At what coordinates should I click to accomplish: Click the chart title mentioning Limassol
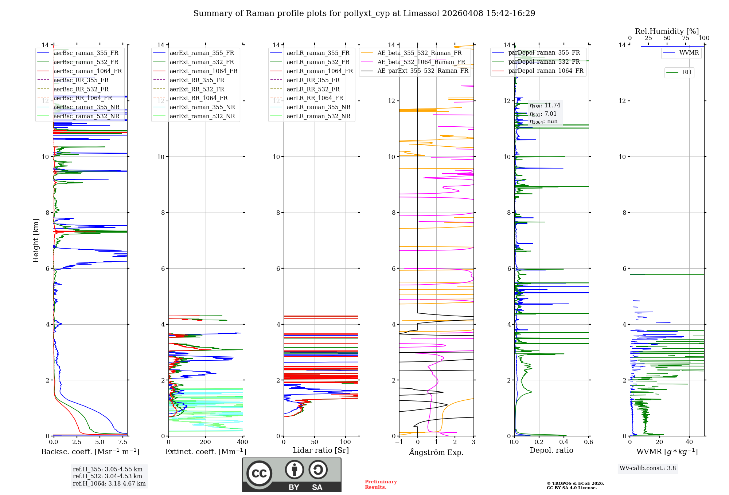pyautogui.click(x=364, y=13)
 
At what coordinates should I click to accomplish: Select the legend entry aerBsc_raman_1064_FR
pyautogui.click(x=87, y=71)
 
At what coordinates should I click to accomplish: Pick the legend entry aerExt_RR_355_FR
pyautogui.click(x=197, y=80)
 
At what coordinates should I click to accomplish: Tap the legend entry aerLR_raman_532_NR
pyautogui.click(x=318, y=116)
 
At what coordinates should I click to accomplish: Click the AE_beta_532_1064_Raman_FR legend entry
pyautogui.click(x=421, y=62)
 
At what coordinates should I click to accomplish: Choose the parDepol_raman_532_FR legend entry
pyautogui.click(x=544, y=62)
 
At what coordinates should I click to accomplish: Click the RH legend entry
pyautogui.click(x=687, y=72)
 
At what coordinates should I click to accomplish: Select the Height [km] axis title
pyautogui.click(x=36, y=240)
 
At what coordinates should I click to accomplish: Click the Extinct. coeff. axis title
pyautogui.click(x=206, y=452)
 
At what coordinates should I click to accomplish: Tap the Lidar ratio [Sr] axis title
pyautogui.click(x=321, y=451)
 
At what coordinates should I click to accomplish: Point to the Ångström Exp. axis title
pyautogui.click(x=436, y=452)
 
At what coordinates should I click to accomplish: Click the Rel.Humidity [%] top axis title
pyautogui.click(x=667, y=31)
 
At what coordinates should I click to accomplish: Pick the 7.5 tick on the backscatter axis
pyautogui.click(x=123, y=442)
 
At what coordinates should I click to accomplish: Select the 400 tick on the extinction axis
pyautogui.click(x=242, y=442)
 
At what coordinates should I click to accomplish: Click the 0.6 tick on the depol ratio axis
pyautogui.click(x=588, y=442)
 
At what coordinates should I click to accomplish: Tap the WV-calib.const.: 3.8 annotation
pyautogui.click(x=648, y=468)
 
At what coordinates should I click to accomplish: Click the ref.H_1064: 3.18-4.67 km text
pyautogui.click(x=109, y=484)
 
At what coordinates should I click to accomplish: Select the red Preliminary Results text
pyautogui.click(x=381, y=484)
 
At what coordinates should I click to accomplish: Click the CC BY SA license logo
pyautogui.click(x=292, y=475)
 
